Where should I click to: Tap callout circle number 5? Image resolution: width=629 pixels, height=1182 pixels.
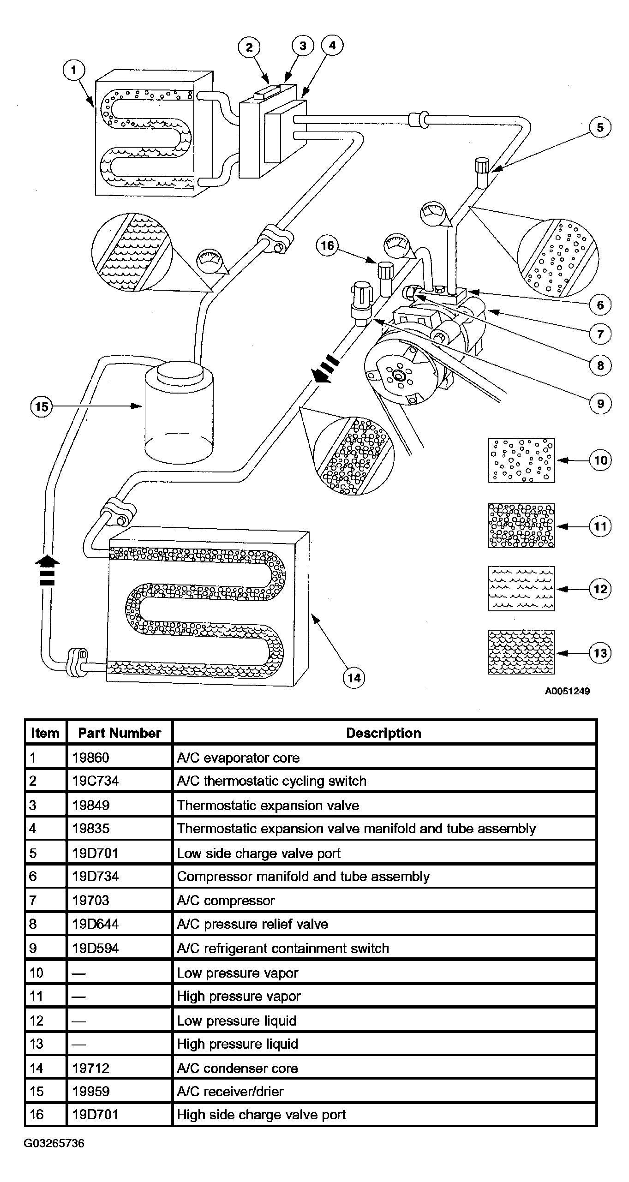[599, 127]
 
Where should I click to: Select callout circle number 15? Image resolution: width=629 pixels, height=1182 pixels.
[42, 406]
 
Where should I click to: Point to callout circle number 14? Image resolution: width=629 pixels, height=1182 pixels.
[353, 678]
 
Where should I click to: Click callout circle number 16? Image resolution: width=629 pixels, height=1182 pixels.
[327, 245]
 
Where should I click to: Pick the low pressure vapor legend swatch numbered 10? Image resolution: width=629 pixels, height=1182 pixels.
[521, 460]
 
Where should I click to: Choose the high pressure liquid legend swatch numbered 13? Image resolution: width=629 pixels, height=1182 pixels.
[521, 652]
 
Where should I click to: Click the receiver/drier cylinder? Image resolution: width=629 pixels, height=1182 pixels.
[179, 411]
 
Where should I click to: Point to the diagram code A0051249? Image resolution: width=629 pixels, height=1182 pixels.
[567, 691]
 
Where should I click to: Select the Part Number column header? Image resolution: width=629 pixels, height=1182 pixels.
[120, 733]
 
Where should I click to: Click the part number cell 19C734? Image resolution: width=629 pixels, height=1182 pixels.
[96, 781]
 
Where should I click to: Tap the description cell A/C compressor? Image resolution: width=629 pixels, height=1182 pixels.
[226, 901]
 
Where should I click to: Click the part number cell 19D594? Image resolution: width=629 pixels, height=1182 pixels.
[96, 949]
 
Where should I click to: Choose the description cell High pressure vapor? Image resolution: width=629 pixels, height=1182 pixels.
[239, 997]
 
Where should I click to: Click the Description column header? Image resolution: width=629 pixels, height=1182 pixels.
[384, 733]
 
